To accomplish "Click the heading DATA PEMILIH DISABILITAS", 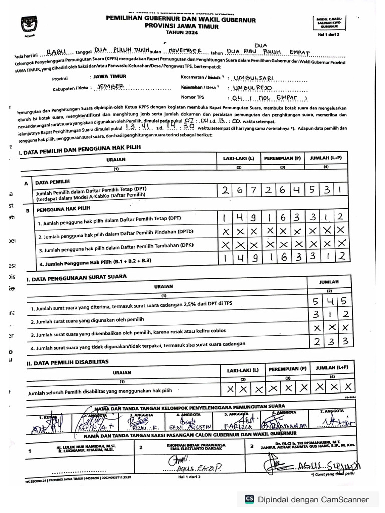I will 70,361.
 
